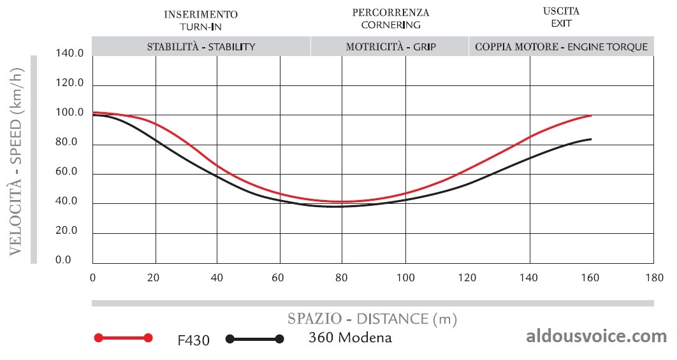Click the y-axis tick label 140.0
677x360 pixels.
(71, 54)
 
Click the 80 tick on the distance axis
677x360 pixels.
(343, 278)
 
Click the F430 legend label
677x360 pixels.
(193, 340)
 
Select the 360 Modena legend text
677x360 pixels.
(350, 338)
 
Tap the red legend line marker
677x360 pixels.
(122, 338)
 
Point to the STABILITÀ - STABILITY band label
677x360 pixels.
(201, 47)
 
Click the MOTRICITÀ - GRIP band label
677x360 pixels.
(391, 47)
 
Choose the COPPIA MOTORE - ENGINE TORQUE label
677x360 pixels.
(561, 47)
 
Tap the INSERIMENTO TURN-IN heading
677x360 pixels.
(201, 20)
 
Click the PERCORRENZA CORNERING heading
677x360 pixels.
(391, 18)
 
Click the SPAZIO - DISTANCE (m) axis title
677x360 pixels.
(372, 318)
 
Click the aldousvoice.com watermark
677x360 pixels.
(596, 336)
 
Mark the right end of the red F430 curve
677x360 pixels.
(592, 115)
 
